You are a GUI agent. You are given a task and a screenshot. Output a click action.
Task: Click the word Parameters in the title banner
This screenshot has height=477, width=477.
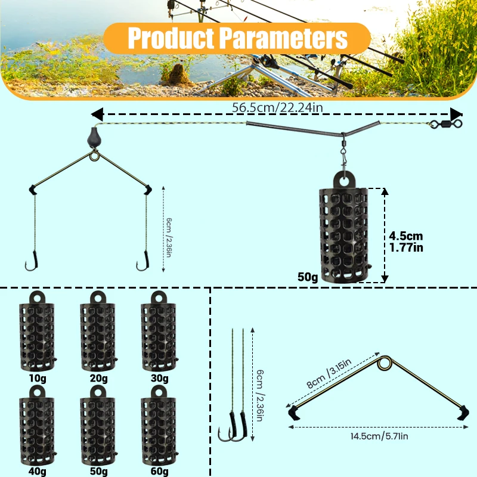[x=283, y=38]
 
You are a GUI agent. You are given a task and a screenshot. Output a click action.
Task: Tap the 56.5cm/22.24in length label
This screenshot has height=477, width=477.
[x=277, y=107]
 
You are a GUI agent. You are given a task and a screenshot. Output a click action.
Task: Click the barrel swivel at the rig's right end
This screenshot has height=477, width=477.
[x=446, y=124]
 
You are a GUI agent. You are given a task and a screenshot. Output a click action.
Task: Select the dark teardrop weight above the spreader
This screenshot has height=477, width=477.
[x=94, y=138]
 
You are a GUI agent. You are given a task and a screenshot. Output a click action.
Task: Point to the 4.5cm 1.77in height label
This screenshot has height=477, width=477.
[x=406, y=242]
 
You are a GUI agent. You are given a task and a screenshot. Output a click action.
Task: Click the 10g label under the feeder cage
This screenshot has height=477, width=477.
[x=38, y=378]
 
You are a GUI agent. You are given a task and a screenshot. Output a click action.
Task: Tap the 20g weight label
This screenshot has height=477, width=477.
[x=98, y=378]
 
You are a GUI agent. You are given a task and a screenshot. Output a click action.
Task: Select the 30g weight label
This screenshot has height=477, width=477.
[x=159, y=378]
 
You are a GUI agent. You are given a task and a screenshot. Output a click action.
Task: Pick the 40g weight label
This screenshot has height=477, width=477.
[x=38, y=471]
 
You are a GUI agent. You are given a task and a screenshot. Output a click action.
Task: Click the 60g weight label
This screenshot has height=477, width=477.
[x=159, y=471]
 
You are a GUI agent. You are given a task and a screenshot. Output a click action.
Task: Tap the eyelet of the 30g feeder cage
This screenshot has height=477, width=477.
[x=159, y=298]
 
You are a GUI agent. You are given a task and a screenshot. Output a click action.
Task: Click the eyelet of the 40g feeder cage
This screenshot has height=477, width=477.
[x=37, y=392]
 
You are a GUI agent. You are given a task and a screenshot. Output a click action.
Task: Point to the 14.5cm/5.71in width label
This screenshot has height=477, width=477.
[x=379, y=436]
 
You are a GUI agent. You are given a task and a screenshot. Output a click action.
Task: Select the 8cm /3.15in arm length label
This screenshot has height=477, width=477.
[x=329, y=373]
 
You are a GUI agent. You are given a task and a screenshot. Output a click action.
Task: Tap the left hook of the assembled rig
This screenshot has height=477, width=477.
[x=32, y=262]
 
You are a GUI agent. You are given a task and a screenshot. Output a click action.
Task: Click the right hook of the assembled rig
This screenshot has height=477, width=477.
[x=143, y=262]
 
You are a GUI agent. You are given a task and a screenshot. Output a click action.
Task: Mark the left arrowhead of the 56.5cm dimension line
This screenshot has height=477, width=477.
[x=97, y=114]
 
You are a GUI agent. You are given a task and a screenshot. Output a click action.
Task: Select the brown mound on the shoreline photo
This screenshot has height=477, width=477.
[x=178, y=75]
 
